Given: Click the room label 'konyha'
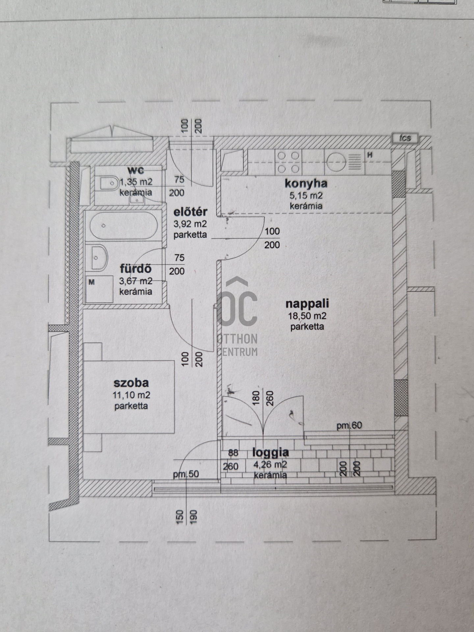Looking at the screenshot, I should click(306, 183).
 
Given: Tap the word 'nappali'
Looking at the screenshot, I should click(307, 303).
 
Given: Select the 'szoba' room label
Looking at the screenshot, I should click(131, 382).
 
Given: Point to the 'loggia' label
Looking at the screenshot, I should click(271, 453).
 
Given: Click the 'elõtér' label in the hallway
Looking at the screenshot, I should click(190, 212).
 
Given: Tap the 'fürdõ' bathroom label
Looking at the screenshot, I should click(136, 269).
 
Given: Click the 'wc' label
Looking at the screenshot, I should click(136, 170).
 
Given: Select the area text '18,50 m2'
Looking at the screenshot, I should click(307, 316).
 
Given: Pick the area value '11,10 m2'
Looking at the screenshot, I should click(131, 395).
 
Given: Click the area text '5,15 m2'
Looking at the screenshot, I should click(306, 196).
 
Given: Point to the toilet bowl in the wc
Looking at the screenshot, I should click(109, 183).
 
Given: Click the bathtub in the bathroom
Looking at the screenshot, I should click(123, 226).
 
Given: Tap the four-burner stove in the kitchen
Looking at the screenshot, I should click(288, 162).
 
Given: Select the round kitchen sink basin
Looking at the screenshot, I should click(336, 162).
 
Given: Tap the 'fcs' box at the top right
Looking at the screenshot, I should click(405, 138).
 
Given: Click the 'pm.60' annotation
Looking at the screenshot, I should click(349, 426).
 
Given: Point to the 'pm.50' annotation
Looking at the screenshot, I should click(186, 474).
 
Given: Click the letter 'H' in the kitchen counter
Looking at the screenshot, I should click(370, 155).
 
